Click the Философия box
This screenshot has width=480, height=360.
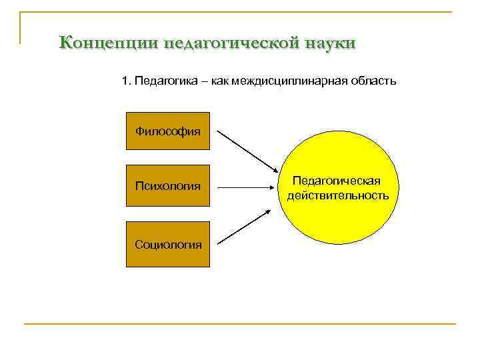[168, 131]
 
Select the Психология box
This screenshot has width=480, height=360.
[168, 185]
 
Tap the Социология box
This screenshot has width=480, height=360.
[168, 244]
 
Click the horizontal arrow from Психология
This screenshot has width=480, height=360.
[247, 187]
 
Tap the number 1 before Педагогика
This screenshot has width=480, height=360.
[125, 81]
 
